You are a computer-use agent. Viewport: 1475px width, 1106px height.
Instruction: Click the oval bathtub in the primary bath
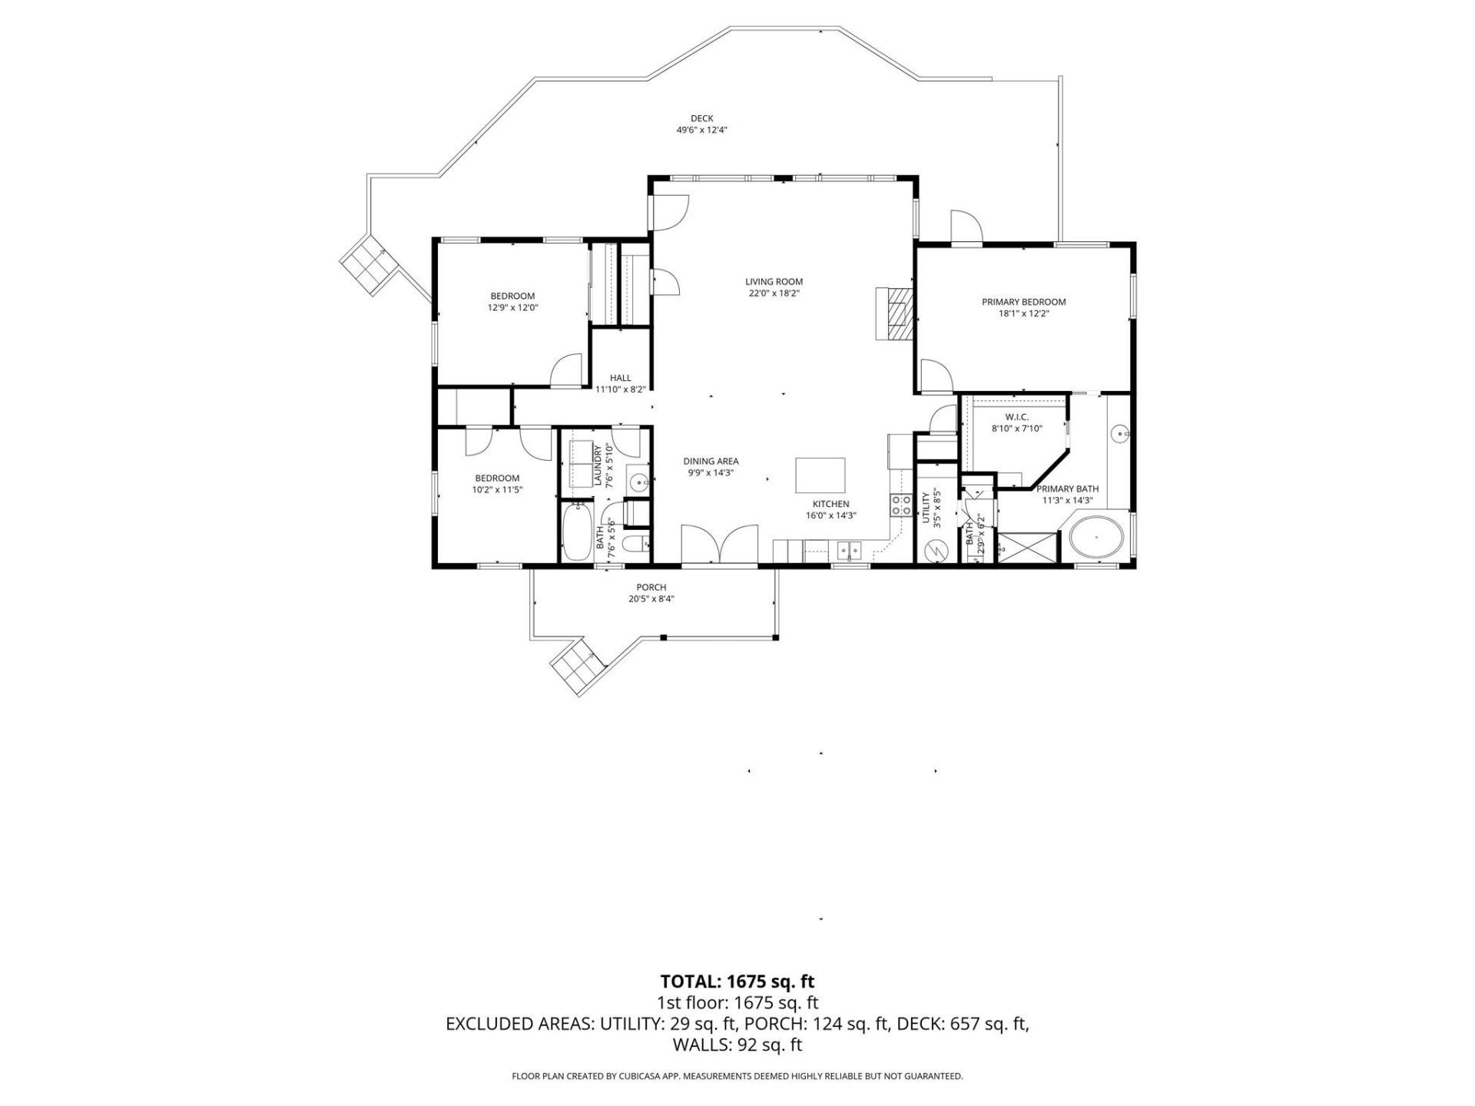coord(1096,536)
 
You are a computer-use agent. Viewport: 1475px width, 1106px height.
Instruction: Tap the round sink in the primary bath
coord(1120,435)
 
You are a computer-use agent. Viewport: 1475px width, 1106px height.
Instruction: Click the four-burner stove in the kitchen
coord(901,505)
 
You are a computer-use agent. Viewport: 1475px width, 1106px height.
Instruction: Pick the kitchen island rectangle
coord(820,475)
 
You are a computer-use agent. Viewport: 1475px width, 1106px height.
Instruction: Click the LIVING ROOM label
coord(774,282)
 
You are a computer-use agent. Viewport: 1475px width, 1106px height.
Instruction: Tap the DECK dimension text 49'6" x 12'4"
coord(701,131)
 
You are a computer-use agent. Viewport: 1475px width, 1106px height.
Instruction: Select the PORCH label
coord(651,588)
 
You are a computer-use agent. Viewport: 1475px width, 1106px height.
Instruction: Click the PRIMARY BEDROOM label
coord(1023,302)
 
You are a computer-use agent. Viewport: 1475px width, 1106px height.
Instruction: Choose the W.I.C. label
coord(1016,417)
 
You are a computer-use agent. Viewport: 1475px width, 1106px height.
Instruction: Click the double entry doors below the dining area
coord(720,545)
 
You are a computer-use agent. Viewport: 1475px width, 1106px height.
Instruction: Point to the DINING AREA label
coord(711,462)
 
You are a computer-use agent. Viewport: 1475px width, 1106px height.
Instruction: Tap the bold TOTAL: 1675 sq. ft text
coord(737,982)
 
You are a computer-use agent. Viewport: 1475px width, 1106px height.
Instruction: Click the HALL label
coord(620,378)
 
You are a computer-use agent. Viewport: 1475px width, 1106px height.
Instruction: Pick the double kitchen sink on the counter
coord(849,551)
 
